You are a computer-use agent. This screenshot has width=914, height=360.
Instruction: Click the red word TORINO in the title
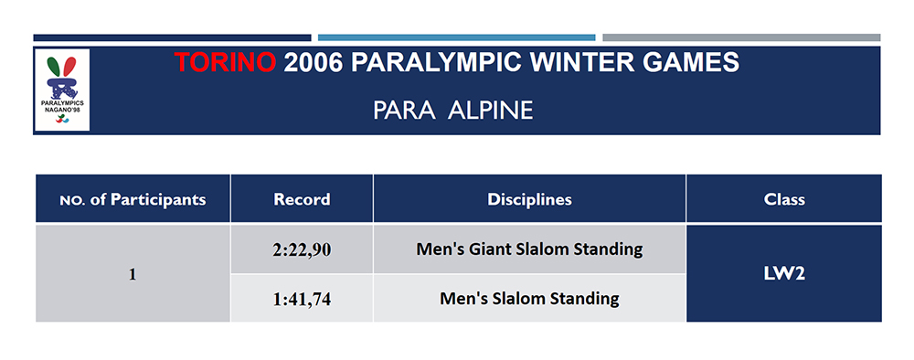click(x=225, y=64)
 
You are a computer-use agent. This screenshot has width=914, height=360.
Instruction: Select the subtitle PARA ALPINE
click(x=453, y=111)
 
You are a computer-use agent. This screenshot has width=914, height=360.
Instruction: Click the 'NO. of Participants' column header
click(x=133, y=199)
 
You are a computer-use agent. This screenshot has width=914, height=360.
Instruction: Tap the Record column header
click(x=302, y=199)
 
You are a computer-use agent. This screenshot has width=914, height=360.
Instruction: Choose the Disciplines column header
click(x=529, y=199)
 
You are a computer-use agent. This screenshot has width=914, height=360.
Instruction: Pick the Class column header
click(x=783, y=199)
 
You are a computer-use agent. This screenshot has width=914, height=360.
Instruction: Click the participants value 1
click(x=133, y=274)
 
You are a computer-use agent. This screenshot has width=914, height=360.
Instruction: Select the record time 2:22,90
click(x=302, y=249)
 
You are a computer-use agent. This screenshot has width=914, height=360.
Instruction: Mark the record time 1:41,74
click(x=302, y=299)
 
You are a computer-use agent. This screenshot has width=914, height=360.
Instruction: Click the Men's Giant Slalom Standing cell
click(x=529, y=249)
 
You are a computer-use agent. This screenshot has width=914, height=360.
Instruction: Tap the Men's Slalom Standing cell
click(x=529, y=299)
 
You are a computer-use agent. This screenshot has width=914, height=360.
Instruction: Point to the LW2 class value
click(x=783, y=274)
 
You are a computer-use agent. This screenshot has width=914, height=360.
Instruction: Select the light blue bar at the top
click(x=456, y=37)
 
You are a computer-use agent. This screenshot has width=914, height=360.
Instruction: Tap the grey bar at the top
click(x=740, y=37)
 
